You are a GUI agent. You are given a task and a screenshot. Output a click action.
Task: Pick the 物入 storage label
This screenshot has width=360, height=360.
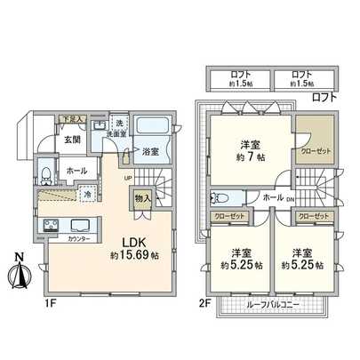(x=143, y=198)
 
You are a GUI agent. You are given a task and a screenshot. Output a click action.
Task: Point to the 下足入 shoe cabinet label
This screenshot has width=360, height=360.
(x=72, y=119)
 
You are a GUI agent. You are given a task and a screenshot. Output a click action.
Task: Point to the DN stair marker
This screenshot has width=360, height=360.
(x=291, y=201)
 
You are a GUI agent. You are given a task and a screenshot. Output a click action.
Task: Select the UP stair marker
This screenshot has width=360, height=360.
(x=129, y=177)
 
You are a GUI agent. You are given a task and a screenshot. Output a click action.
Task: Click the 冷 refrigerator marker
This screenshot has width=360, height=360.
(x=87, y=194)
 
